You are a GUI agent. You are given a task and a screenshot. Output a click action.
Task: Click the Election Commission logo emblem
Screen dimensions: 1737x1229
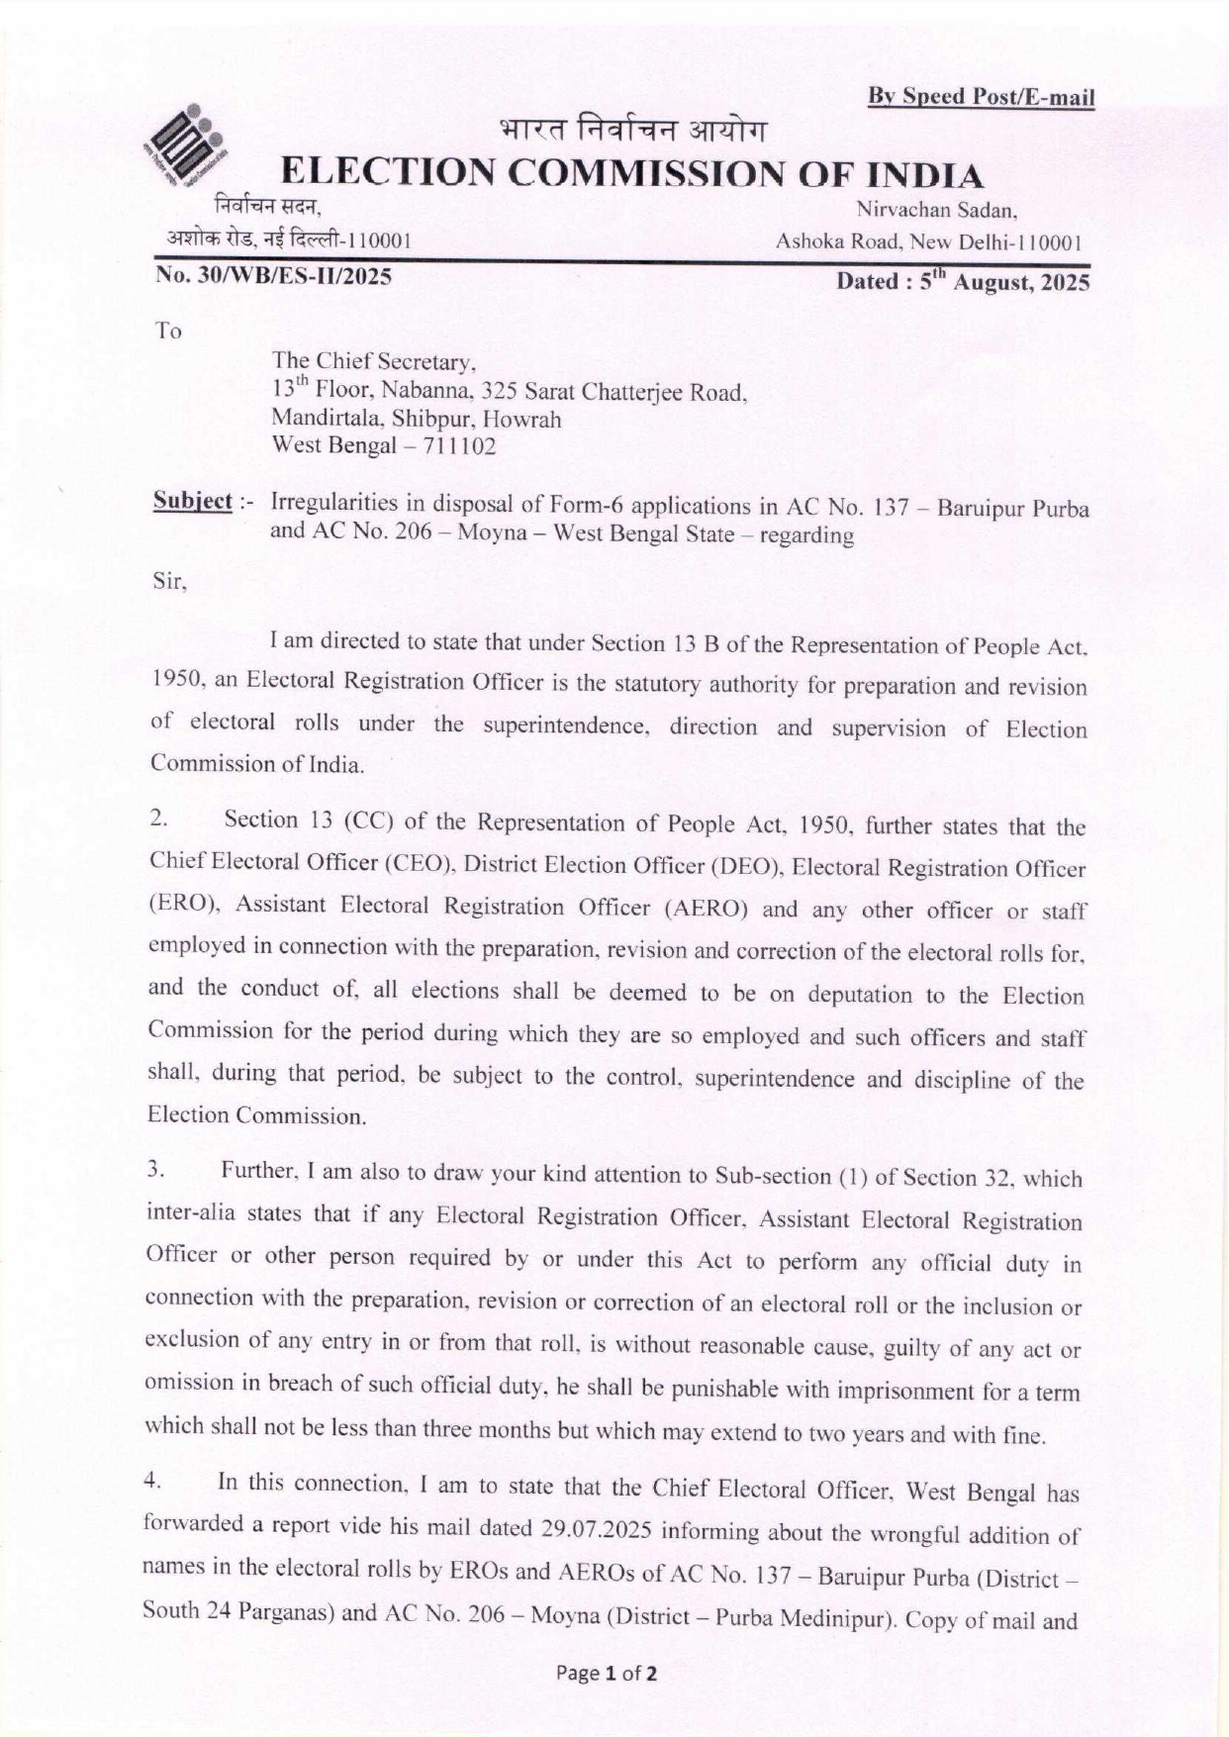click(194, 146)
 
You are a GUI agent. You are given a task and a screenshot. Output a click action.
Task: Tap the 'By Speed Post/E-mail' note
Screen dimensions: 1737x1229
click(981, 97)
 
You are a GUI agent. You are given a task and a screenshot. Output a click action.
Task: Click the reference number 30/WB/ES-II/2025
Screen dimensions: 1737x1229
click(272, 276)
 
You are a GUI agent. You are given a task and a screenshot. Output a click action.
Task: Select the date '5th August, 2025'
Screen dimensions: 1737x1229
click(963, 282)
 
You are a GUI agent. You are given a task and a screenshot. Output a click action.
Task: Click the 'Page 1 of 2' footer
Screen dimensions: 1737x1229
click(608, 1674)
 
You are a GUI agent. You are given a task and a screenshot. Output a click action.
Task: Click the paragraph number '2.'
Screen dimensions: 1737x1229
click(157, 819)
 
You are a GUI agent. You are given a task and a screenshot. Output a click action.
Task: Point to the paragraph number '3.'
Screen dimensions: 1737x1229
click(153, 1170)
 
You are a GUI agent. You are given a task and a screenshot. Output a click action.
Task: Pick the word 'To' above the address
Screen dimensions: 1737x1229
click(168, 332)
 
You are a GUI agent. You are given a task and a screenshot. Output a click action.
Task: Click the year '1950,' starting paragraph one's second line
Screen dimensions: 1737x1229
click(176, 681)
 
